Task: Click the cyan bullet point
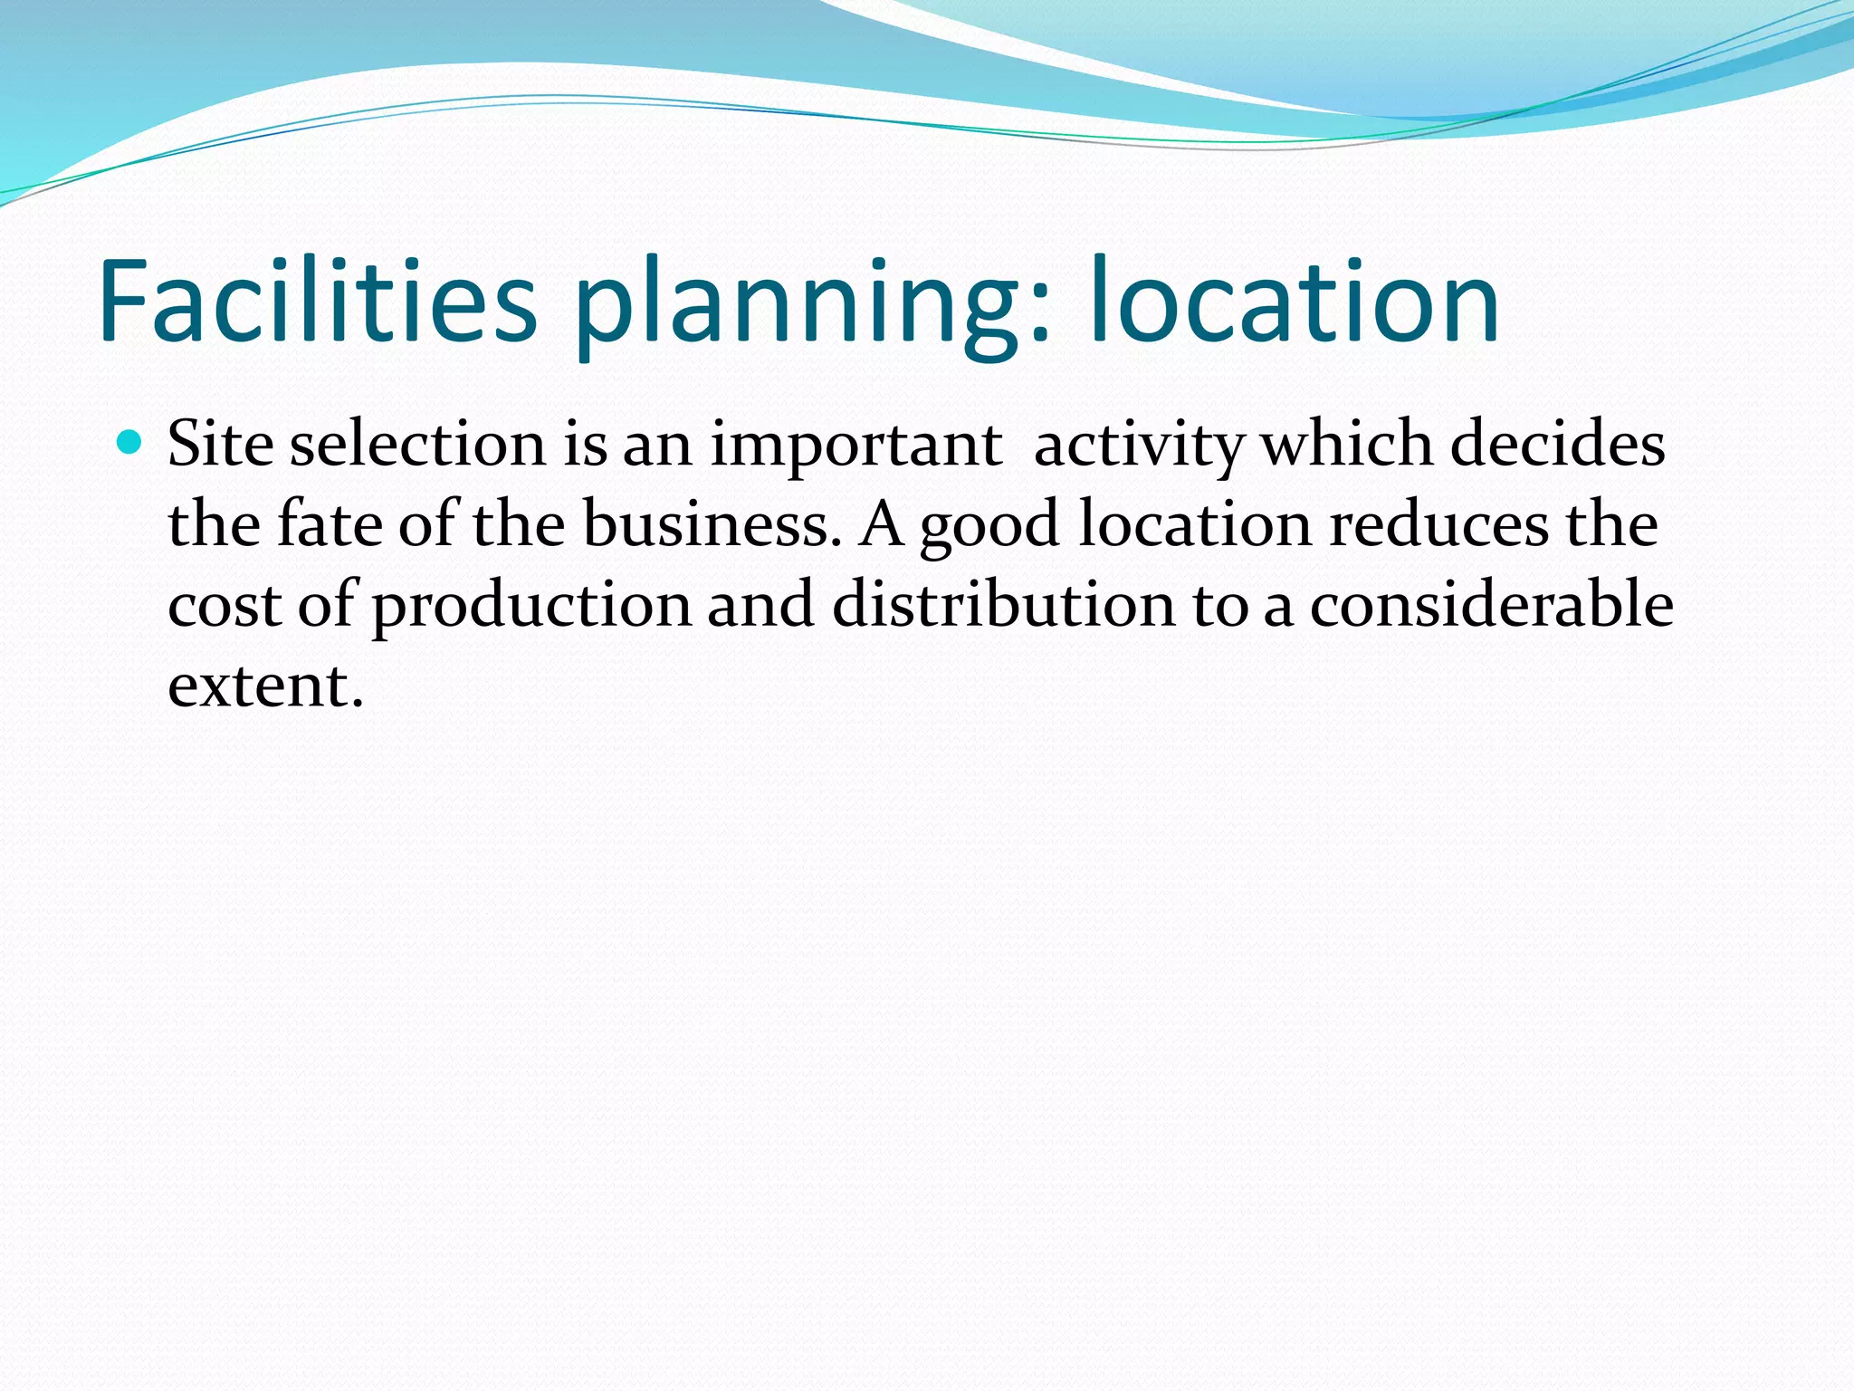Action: click(131, 443)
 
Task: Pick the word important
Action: click(855, 446)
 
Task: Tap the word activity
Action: click(1140, 446)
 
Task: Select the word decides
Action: click(1557, 445)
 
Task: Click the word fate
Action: click(329, 524)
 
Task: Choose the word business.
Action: click(705, 524)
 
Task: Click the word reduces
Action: click(1438, 524)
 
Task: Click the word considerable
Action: click(1491, 604)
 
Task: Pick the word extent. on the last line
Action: click(265, 686)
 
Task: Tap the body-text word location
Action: click(1195, 524)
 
